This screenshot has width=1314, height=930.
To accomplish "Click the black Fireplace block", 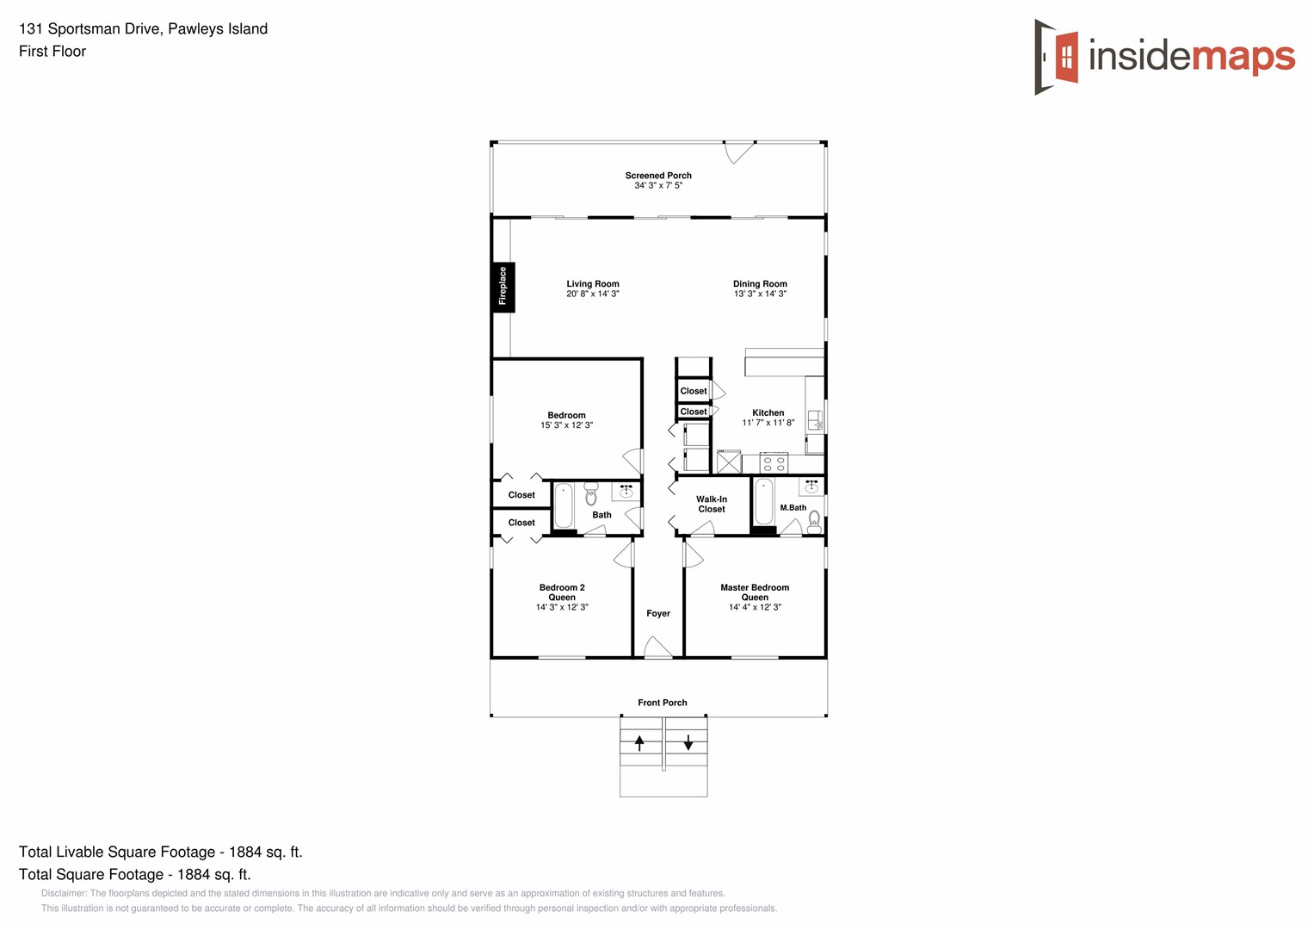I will [503, 287].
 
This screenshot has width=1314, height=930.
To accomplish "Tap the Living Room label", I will [592, 283].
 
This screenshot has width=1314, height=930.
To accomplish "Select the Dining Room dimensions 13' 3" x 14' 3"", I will [760, 294].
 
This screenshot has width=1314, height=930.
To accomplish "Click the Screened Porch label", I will [658, 175].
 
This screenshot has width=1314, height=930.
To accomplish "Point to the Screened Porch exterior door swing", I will [738, 152].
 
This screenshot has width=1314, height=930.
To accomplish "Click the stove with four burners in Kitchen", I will [774, 463].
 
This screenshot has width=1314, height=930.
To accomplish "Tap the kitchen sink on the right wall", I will [814, 420].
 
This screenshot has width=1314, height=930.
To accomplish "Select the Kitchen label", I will [768, 412].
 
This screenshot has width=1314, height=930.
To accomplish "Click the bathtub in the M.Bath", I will [763, 503].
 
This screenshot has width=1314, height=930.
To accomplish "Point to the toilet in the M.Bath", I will [814, 520].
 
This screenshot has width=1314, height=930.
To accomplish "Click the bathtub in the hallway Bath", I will [564, 505].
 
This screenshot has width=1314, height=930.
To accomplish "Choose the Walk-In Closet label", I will [712, 504].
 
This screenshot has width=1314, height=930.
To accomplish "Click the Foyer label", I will [658, 613].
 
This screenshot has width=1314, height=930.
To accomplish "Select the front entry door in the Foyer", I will [658, 648].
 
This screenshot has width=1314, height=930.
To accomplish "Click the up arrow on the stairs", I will [639, 742].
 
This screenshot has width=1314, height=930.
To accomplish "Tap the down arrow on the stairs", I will [688, 742].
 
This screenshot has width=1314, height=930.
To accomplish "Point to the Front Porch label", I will [662, 703].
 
